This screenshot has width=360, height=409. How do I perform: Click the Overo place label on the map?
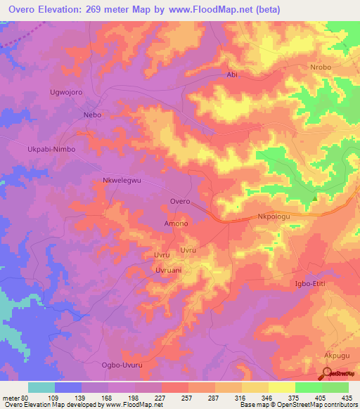coord(180,202)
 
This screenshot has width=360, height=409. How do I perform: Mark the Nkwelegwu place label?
coord(122,181)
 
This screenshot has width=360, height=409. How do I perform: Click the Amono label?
coord(176,223)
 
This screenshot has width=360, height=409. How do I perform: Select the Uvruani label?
coord(169,270)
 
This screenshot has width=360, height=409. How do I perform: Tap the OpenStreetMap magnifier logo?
coord(328,374)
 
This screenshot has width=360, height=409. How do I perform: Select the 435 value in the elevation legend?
coord(348,398)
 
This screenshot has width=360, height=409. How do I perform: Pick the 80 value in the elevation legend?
coord(25,398)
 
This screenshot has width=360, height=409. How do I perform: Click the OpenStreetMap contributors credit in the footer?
coord(309,405)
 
